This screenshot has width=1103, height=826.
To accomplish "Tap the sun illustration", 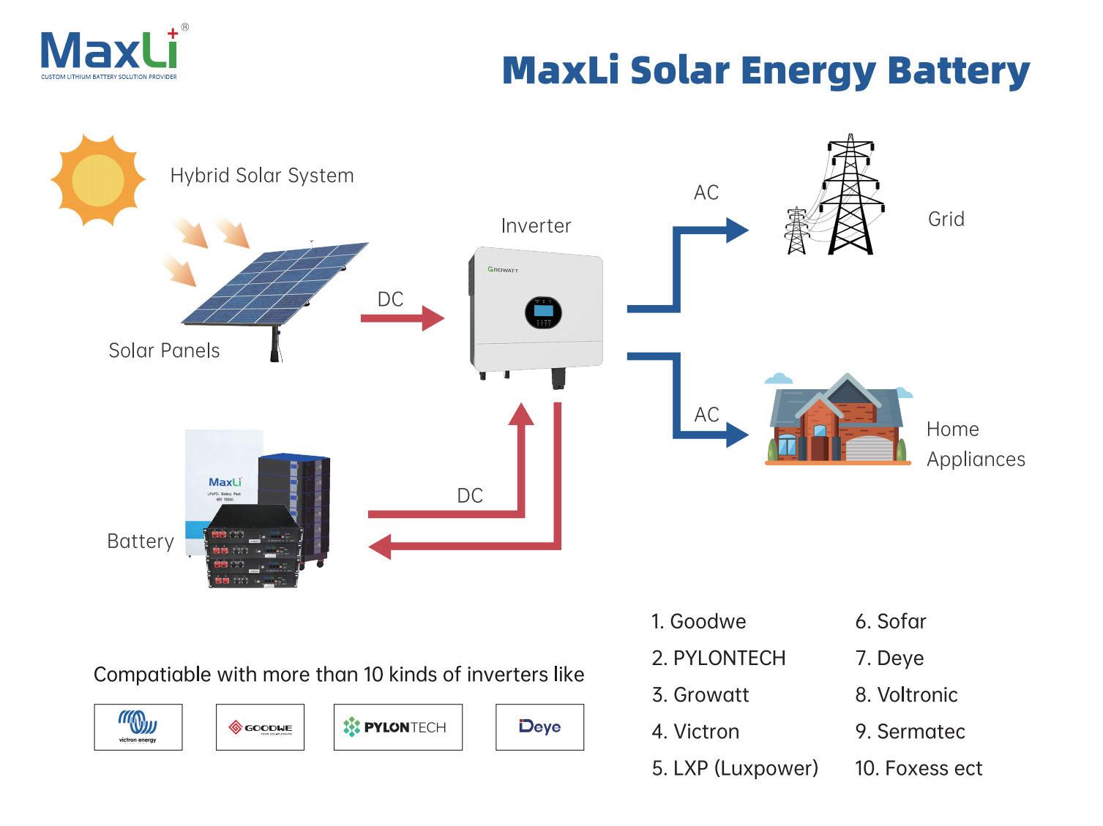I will tap(97, 180).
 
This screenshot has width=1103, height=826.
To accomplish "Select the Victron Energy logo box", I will tap(138, 727).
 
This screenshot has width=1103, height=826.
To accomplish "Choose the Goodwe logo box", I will tap(260, 727).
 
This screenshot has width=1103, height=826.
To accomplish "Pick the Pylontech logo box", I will tap(397, 727).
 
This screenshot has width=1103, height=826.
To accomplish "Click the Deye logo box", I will tap(539, 727).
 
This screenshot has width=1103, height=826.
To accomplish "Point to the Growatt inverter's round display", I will tap(543, 312).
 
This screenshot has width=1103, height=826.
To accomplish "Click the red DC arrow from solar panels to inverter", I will tap(403, 318).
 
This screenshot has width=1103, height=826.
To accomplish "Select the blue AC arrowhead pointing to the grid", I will tap(736, 230).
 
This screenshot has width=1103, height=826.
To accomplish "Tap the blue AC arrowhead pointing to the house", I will tap(736, 436).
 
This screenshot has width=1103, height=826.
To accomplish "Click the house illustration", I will tap(837, 421).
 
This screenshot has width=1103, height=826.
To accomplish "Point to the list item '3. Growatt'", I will tap(701, 695).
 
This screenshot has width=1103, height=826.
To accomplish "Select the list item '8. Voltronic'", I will tap(906, 695).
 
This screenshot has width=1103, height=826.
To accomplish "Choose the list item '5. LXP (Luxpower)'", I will tap(735, 768).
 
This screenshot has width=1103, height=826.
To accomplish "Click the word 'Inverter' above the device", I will tap(536, 226).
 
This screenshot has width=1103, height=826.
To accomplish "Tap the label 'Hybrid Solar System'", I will tap(262, 176).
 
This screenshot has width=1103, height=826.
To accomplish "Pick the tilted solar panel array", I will tap(274, 284).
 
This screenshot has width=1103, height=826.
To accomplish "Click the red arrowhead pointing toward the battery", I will tap(381, 547).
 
